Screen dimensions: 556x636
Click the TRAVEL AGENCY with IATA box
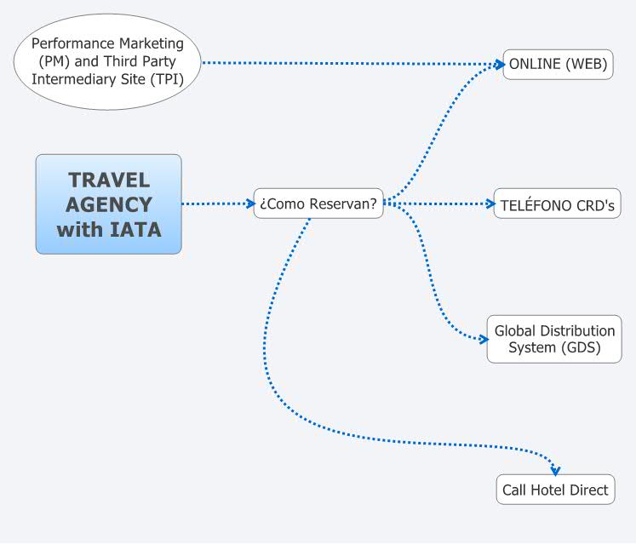[x=108, y=204]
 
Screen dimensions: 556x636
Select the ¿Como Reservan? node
[x=318, y=203]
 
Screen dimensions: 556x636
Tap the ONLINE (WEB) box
[x=558, y=64]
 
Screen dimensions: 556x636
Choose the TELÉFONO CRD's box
[x=558, y=204]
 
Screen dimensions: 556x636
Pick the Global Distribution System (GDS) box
[x=554, y=339]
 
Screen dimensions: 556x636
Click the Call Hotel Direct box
[x=555, y=490]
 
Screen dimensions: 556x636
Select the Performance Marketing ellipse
[x=108, y=61]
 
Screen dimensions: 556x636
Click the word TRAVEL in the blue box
[x=108, y=180]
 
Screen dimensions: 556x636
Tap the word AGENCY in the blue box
[x=108, y=205]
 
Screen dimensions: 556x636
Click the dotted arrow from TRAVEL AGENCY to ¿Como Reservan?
[x=217, y=203]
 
